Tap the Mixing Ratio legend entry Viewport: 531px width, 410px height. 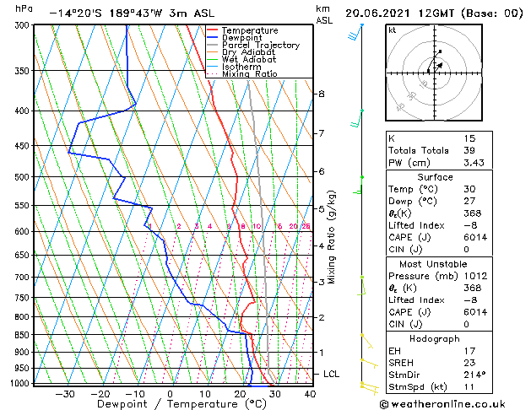(250, 74)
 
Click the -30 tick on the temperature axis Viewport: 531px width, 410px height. (65, 393)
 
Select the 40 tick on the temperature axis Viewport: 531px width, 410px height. (310, 393)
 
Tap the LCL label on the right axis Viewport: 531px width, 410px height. (332, 374)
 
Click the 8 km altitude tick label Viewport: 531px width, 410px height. (322, 94)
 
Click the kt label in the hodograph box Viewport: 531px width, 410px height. (393, 30)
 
